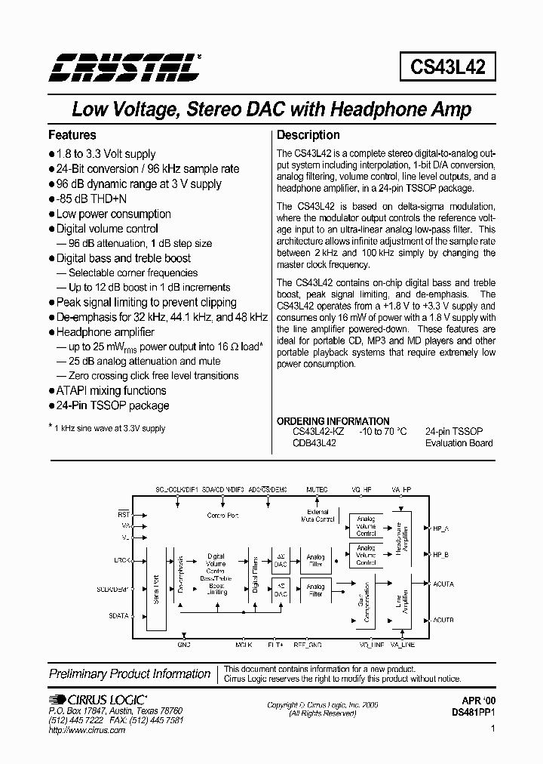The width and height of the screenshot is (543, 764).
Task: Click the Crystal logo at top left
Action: click(124, 67)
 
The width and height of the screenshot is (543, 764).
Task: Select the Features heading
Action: click(72, 135)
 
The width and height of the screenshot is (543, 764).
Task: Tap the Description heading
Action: click(308, 135)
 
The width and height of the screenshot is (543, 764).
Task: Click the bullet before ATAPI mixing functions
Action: click(51, 391)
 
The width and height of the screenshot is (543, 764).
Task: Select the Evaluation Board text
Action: click(459, 443)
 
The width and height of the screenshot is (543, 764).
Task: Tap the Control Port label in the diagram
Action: click(222, 516)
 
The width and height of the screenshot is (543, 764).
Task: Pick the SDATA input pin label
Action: click(119, 615)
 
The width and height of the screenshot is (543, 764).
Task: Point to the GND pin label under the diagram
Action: click(184, 645)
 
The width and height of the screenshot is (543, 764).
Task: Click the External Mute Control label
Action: click(318, 517)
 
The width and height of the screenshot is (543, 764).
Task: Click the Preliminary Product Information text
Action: click(130, 673)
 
